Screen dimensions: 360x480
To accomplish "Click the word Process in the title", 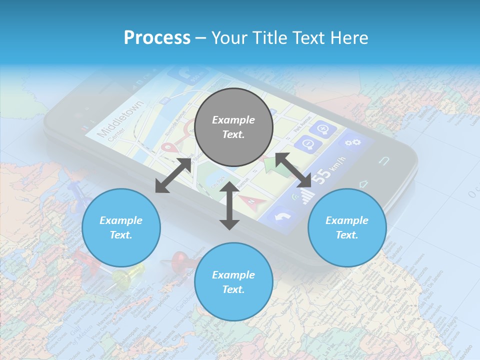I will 157,38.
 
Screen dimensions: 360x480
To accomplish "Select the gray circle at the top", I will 233,127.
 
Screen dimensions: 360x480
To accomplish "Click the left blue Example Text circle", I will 121,228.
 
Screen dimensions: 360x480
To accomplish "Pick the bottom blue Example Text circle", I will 233,282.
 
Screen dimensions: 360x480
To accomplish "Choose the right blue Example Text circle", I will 346,228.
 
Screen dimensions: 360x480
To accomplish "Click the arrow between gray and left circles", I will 173,175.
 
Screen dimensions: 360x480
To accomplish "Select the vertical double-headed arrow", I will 229,205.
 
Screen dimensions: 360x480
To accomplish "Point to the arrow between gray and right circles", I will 293,170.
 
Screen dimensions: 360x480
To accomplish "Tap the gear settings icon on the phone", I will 353,143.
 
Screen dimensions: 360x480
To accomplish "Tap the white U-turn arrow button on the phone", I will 281,216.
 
